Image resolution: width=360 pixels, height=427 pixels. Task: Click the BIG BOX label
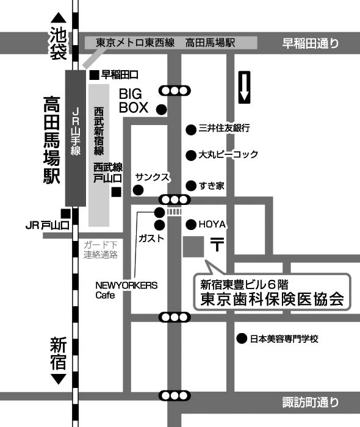pos(134,101)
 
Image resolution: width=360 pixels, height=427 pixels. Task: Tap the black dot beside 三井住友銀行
pos(191,129)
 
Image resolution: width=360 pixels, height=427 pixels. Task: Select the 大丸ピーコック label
pos(228,154)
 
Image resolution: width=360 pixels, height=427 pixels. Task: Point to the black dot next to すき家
pos(191,185)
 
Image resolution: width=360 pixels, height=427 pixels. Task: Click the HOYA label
pos(212,224)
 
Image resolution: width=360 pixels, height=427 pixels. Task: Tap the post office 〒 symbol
pos(217,244)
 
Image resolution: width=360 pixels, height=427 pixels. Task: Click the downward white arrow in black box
pos(244,87)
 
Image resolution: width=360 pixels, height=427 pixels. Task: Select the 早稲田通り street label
pos(310,43)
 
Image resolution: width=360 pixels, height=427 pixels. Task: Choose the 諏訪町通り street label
pos(310,402)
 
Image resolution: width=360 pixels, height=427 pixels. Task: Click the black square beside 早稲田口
pos(94,75)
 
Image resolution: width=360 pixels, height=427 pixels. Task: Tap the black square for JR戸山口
pos(66,213)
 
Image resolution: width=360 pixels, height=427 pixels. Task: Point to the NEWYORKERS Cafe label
pos(126,290)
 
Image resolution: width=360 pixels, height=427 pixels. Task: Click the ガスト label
pos(151,239)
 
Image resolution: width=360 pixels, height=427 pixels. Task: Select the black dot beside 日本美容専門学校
pos(242,339)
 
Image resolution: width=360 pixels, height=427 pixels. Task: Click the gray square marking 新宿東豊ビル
pos(193,246)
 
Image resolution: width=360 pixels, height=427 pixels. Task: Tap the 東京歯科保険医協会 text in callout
pos(272,299)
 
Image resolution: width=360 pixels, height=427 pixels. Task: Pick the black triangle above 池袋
pos(59,18)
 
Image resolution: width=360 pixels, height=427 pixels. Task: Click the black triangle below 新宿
pos(59,379)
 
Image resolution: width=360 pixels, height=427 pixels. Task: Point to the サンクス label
pos(152,178)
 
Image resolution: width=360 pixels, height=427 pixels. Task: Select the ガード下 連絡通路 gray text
pos(101,249)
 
